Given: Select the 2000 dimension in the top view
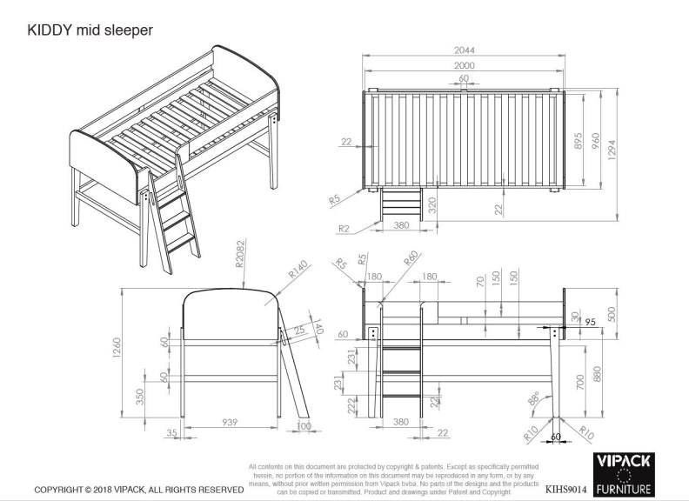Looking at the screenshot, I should click(463, 66).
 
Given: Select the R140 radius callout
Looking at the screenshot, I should click(298, 276).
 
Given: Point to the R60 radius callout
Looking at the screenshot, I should click(411, 259).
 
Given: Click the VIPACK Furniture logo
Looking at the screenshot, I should click(624, 474).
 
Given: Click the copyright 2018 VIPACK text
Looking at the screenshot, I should click(138, 490).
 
